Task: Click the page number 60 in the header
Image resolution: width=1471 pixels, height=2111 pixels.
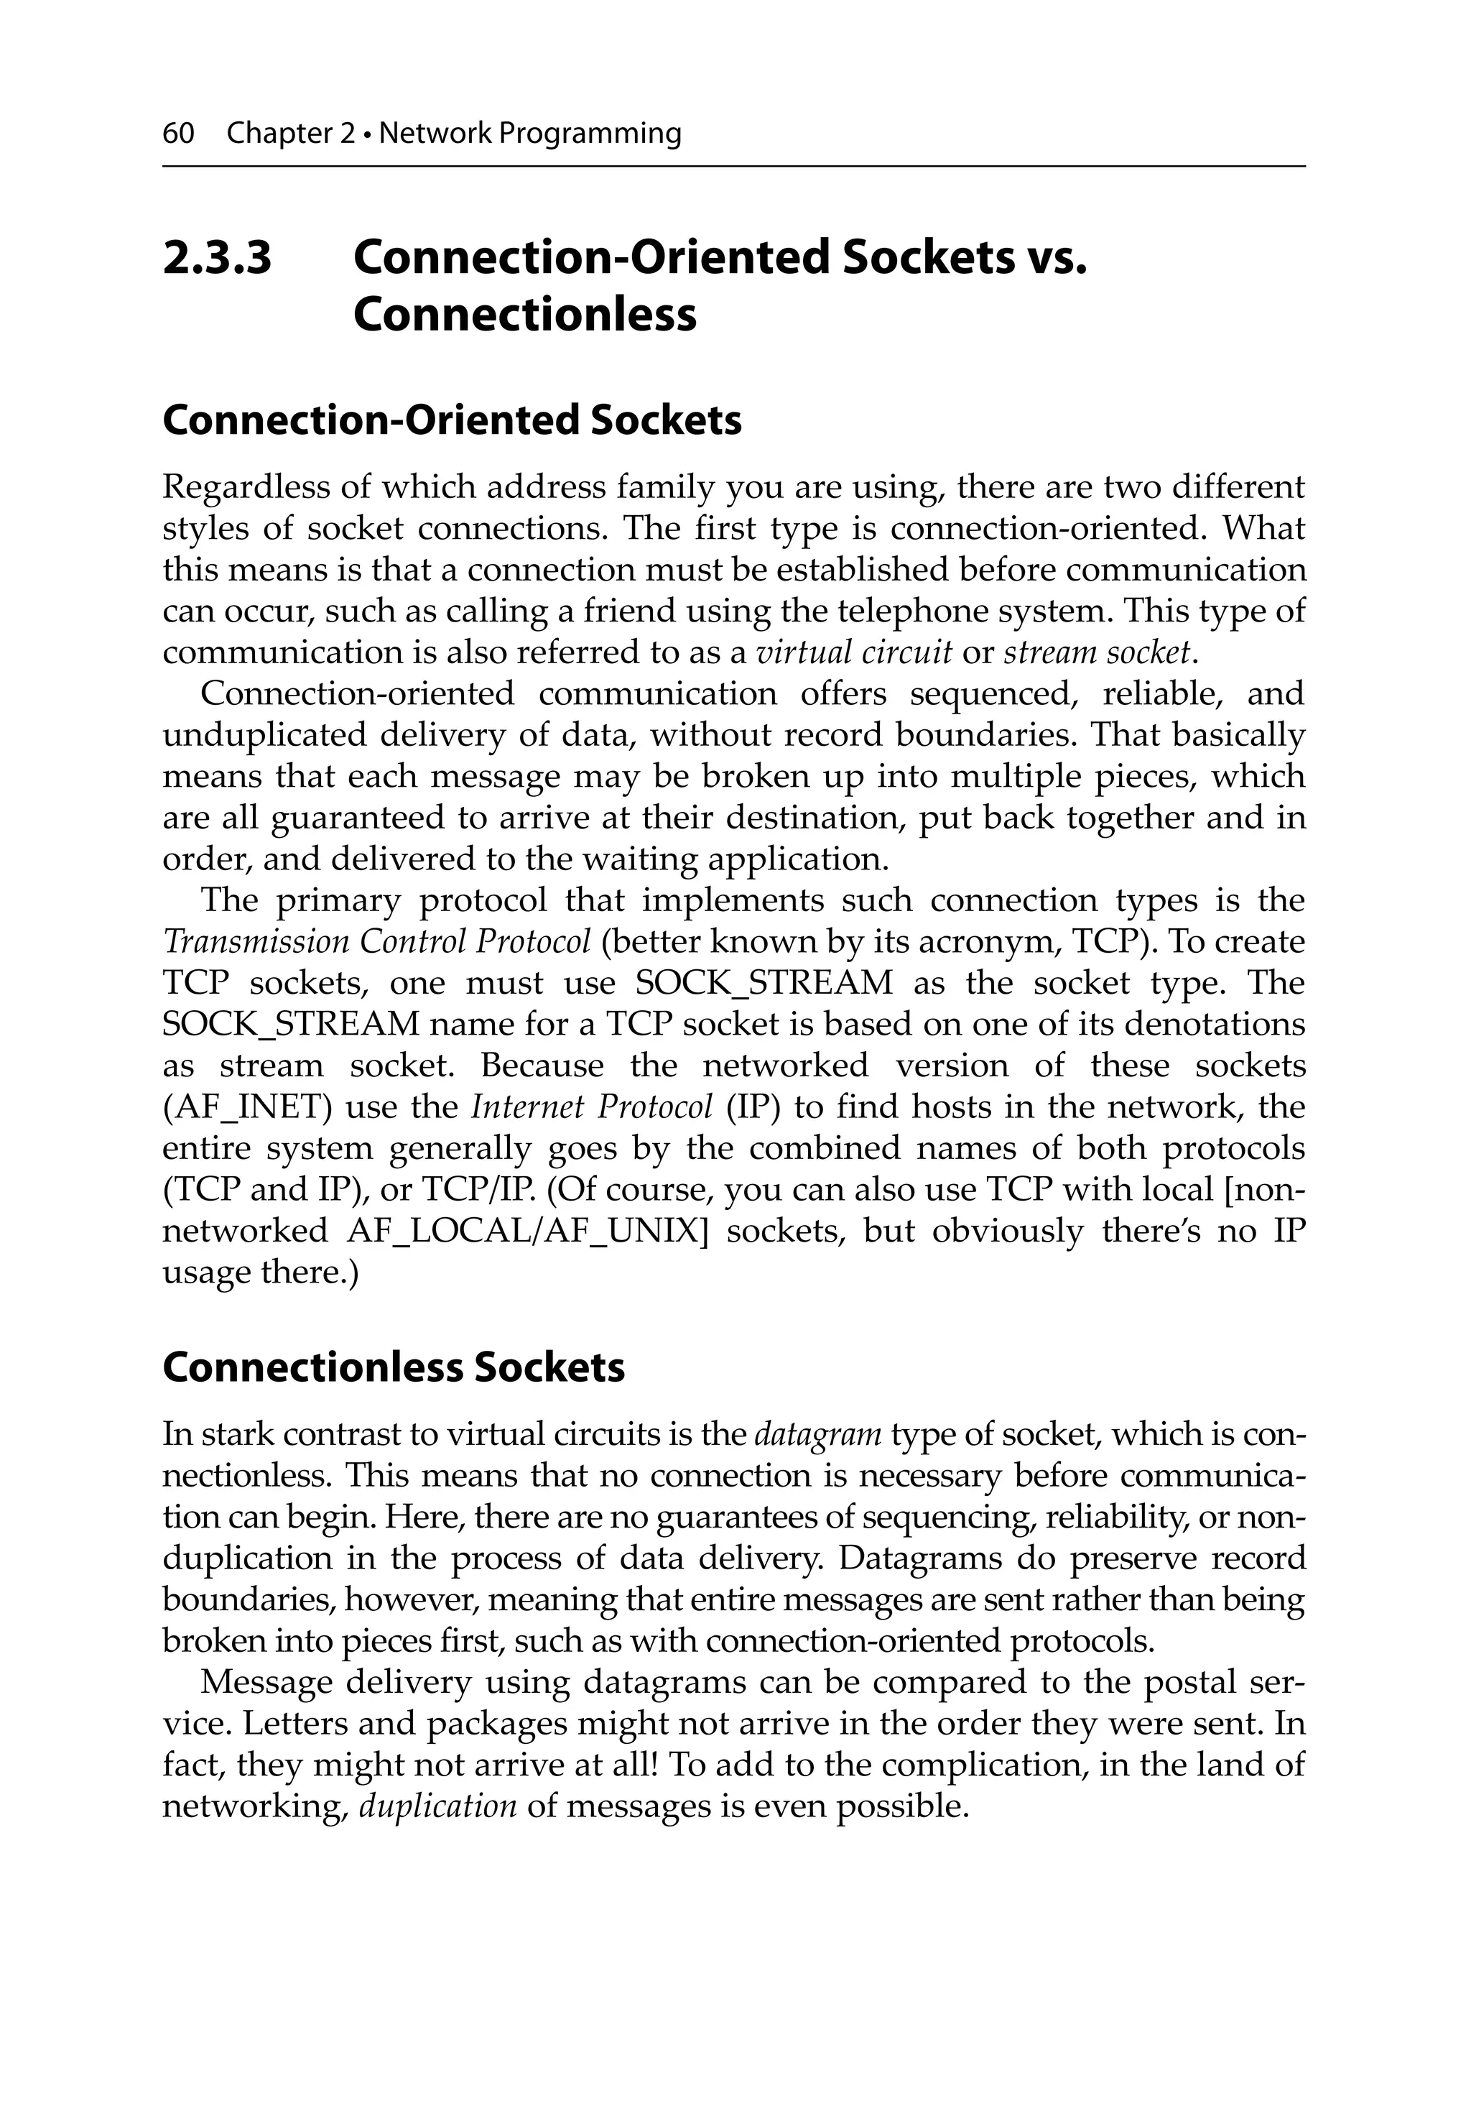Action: click(178, 134)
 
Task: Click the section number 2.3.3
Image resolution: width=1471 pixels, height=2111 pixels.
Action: click(218, 257)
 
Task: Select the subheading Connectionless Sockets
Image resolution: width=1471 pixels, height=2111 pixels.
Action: click(394, 1367)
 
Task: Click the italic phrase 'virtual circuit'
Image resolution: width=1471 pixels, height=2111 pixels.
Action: click(853, 653)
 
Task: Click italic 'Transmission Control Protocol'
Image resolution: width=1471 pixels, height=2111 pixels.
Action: click(377, 943)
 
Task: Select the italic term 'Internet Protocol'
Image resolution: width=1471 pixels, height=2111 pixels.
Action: click(591, 1107)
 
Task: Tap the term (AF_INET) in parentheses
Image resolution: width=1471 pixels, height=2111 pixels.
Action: click(247, 1107)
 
